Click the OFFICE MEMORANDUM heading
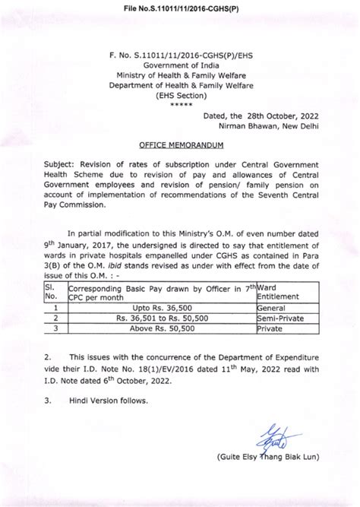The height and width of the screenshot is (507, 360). (181, 144)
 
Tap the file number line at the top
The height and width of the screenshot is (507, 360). (180, 7)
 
